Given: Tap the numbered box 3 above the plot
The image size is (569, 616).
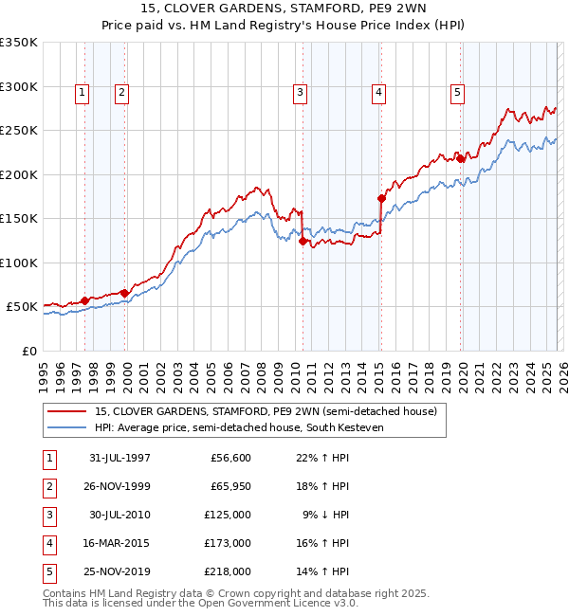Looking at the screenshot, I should click(x=300, y=93).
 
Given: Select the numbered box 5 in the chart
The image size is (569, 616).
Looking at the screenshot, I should click(x=458, y=93).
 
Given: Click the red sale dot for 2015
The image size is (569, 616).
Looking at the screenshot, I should click(x=381, y=199).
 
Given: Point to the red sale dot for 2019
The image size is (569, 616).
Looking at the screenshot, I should click(x=460, y=159).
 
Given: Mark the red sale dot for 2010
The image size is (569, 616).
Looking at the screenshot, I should click(x=303, y=241).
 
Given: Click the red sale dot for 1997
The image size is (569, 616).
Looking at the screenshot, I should click(x=85, y=300).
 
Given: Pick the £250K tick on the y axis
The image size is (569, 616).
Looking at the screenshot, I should click(x=21, y=131).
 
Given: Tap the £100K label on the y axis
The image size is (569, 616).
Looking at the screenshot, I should click(x=21, y=263).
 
